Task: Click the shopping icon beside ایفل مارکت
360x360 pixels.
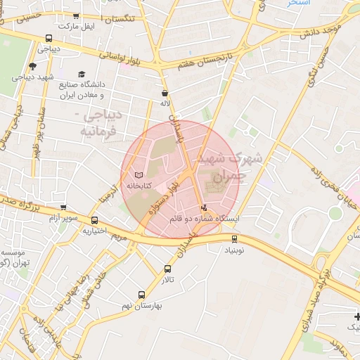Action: tap(76, 16)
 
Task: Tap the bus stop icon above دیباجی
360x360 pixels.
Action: tap(49, 39)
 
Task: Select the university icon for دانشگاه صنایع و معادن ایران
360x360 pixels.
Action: tap(82, 74)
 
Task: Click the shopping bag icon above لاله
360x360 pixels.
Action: tap(165, 92)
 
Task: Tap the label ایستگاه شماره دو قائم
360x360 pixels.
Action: tap(204, 219)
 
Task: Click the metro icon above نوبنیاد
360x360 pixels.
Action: tap(235, 239)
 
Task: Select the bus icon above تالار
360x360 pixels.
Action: tap(167, 269)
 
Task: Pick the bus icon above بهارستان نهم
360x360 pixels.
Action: tap(142, 295)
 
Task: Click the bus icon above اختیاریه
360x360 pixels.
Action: tap(94, 220)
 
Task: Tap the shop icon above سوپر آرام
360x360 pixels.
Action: tap(63, 208)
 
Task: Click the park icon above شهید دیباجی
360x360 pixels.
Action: tap(32, 66)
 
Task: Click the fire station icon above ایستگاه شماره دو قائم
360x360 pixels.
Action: tap(204, 207)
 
